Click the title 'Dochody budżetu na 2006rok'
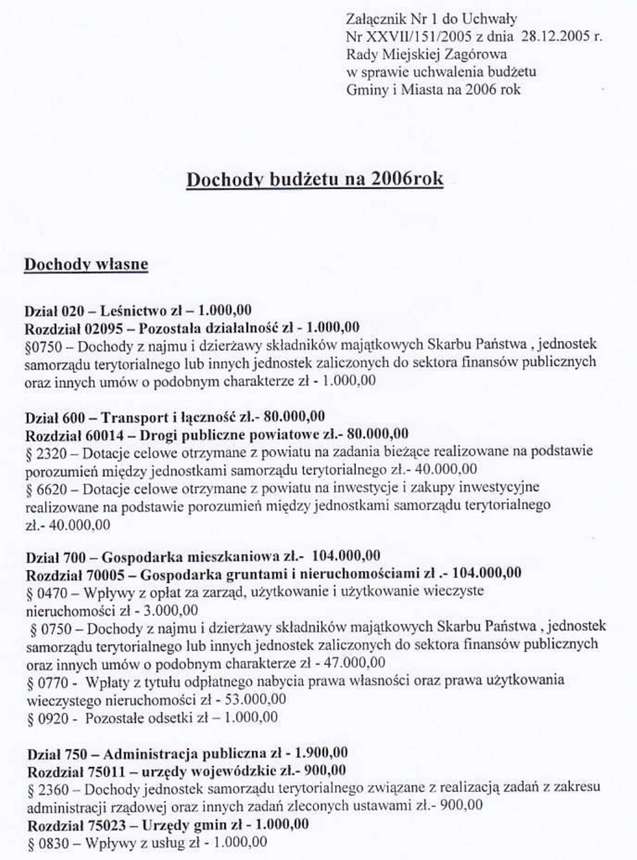314,180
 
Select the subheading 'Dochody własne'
86,265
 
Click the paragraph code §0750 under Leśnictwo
43,344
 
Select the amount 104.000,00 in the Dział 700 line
346,556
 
